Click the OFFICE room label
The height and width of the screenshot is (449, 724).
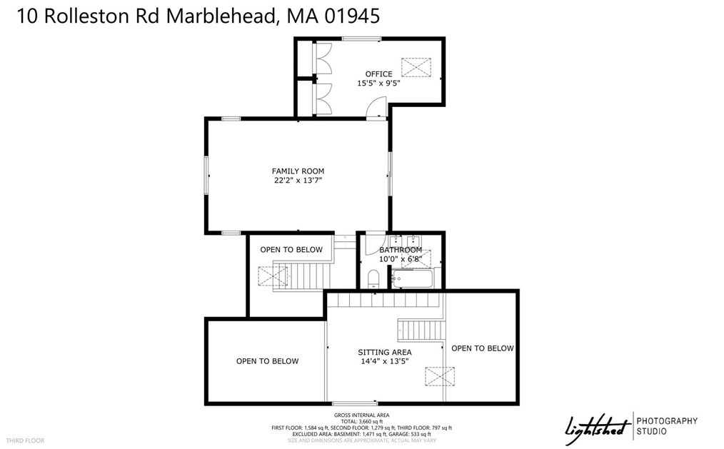pyautogui.click(x=378, y=74)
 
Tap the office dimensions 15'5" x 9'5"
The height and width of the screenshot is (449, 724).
pyautogui.click(x=378, y=84)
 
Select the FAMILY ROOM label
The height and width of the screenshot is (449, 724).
pyautogui.click(x=298, y=171)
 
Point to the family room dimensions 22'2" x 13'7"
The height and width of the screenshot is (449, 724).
pyautogui.click(x=298, y=181)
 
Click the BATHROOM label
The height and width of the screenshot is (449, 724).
pyautogui.click(x=401, y=250)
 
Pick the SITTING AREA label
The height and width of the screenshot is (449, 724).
pyautogui.click(x=384, y=352)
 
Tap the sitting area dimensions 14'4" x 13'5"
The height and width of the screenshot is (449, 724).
pyautogui.click(x=384, y=361)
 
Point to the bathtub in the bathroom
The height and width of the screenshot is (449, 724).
pyautogui.click(x=411, y=278)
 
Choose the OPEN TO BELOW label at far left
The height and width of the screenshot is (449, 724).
pyautogui.click(x=267, y=361)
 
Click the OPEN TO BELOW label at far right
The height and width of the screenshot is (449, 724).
pyautogui.click(x=482, y=348)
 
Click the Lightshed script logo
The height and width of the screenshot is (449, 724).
pyautogui.click(x=597, y=428)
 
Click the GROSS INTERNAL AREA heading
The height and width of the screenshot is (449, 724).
pyautogui.click(x=361, y=415)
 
